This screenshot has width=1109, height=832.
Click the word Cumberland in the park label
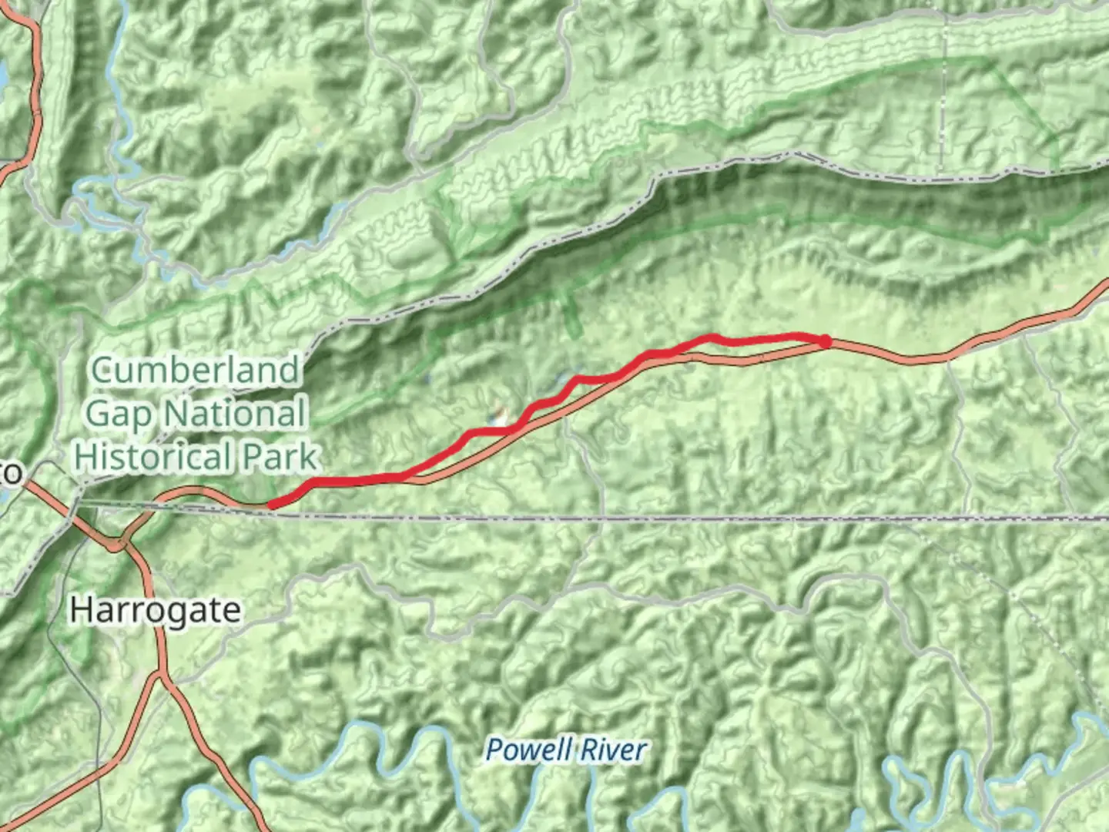click(195, 371)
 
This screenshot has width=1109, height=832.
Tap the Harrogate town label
click(155, 610)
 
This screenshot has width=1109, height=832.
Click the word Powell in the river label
click(528, 749)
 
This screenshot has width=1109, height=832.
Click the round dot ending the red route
click(825, 341)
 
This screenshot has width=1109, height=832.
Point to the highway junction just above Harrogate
click(119, 545)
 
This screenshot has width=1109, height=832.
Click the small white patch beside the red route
click(501, 418)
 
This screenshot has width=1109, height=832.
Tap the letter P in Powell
click(494, 749)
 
